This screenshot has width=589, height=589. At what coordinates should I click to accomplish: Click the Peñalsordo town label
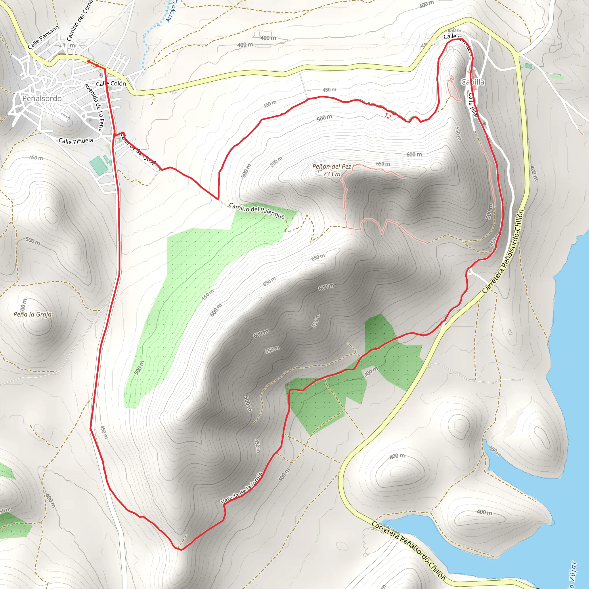[x=42, y=98]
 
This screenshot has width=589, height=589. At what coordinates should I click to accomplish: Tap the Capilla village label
[x=473, y=82]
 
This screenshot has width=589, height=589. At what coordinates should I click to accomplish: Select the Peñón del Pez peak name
[x=331, y=167]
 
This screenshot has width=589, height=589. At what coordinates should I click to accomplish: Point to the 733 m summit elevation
[x=332, y=174]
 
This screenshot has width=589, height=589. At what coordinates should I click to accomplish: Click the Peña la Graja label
[x=32, y=314]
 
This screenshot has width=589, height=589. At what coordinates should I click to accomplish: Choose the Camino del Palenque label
[x=257, y=211]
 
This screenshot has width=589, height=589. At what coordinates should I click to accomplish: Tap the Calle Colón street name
[x=111, y=83]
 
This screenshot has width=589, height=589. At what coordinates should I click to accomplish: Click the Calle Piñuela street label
[x=76, y=141]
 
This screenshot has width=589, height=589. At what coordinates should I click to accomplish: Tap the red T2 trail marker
[x=387, y=116]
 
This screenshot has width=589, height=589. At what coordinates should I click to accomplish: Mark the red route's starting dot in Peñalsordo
[x=89, y=61]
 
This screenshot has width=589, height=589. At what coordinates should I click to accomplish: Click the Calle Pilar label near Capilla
[x=473, y=105]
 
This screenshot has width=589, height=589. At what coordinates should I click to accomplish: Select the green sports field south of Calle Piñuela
[x=98, y=166]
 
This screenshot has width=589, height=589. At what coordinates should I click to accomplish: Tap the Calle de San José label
[x=138, y=149]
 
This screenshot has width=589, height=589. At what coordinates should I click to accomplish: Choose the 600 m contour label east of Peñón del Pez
[x=414, y=154]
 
